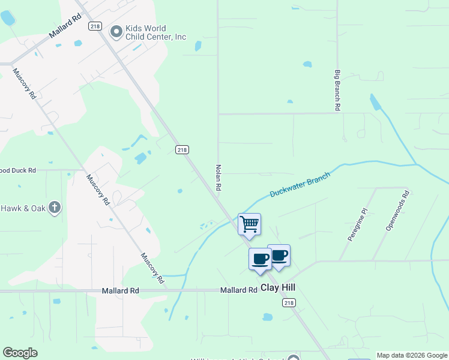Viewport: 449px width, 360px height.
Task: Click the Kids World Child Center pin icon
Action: (x=116, y=30)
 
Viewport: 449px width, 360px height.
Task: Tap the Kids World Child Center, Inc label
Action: (x=155, y=32)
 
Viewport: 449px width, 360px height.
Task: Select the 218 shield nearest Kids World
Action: (x=94, y=25)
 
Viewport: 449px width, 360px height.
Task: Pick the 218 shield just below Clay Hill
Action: (x=289, y=303)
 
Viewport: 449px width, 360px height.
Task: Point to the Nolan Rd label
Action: (x=219, y=178)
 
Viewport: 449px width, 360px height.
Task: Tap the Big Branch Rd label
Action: (x=337, y=90)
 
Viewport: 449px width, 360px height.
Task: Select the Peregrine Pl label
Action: (x=357, y=225)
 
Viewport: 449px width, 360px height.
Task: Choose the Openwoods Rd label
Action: (x=397, y=211)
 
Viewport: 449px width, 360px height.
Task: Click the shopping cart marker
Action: (x=249, y=224)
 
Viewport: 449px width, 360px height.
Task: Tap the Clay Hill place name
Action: (x=278, y=288)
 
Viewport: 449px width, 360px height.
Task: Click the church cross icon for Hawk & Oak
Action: (x=55, y=208)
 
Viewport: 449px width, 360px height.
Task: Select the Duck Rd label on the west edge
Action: (x=19, y=170)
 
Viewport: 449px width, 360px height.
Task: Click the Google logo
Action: (x=20, y=353)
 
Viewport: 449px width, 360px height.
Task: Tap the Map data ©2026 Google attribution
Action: (x=412, y=355)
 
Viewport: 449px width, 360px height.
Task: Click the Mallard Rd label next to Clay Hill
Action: (x=238, y=290)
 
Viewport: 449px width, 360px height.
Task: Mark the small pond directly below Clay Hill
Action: (x=268, y=317)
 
